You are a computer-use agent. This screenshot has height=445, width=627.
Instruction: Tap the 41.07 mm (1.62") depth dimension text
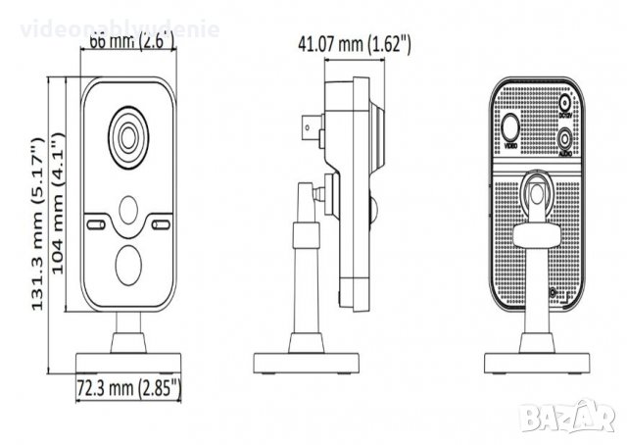pyautogui.click(x=353, y=44)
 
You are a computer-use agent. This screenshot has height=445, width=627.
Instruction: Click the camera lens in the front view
pyautogui.click(x=129, y=136)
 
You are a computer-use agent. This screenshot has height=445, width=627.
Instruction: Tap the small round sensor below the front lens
pyautogui.click(x=129, y=210)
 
